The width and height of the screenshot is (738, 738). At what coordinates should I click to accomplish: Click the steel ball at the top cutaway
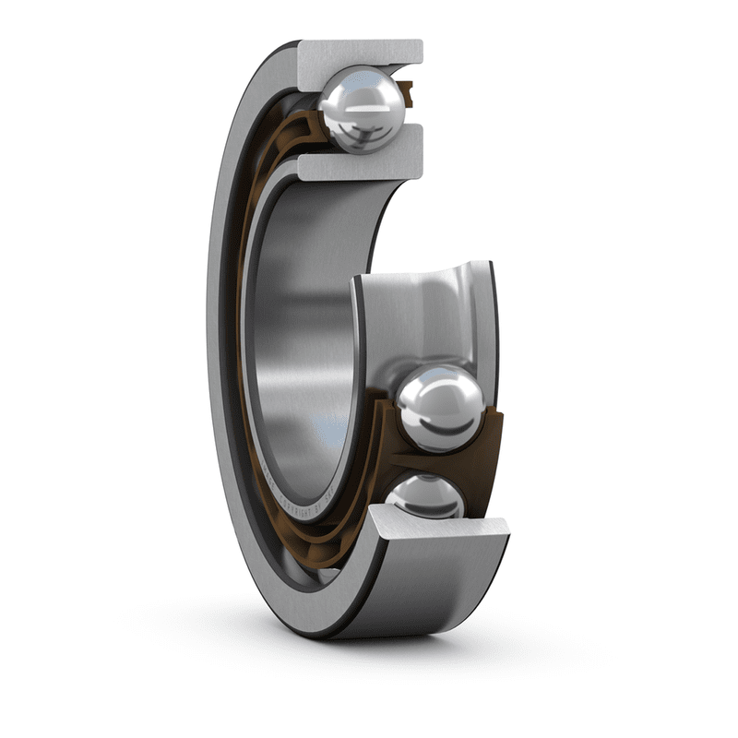pos(363,109)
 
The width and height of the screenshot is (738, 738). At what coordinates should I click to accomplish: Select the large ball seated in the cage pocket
pos(440,407)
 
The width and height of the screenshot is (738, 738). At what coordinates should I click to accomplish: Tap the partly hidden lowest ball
pos(426,496)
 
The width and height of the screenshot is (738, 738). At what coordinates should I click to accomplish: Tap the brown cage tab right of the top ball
pos(407,90)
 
